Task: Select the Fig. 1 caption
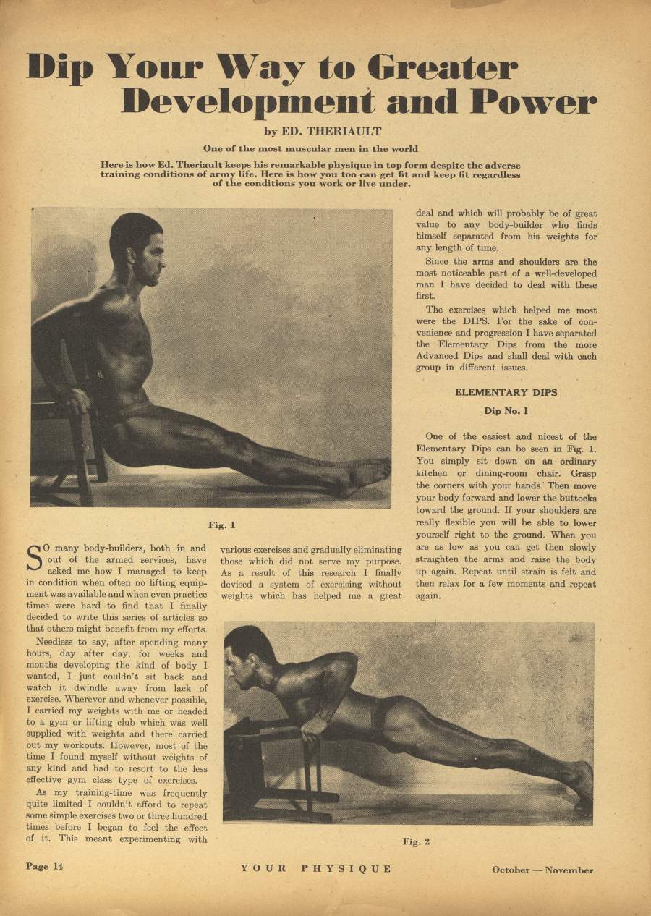pos(221,525)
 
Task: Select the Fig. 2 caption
pos(416,841)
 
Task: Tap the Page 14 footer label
pos(45,867)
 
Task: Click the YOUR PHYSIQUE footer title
pos(316,868)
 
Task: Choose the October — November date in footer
pos(542,870)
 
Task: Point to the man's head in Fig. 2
pos(246,655)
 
